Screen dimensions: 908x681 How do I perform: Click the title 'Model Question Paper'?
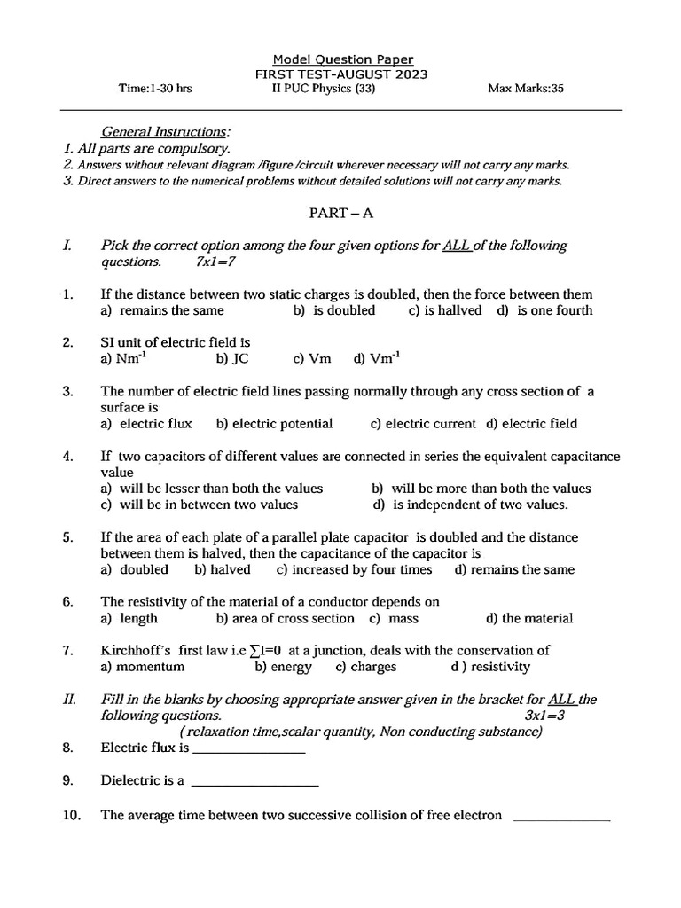pyautogui.click(x=342, y=59)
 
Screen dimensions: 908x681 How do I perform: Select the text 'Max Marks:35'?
pyautogui.click(x=526, y=89)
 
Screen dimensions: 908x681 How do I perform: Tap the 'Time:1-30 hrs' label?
pyautogui.click(x=156, y=89)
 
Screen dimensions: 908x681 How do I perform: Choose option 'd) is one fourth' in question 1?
pyautogui.click(x=544, y=310)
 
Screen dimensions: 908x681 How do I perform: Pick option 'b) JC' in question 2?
pyautogui.click(x=232, y=358)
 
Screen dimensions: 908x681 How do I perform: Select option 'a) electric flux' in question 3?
pyautogui.click(x=145, y=424)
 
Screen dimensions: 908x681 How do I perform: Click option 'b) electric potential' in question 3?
pyautogui.click(x=274, y=424)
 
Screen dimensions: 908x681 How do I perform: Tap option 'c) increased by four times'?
pyautogui.click(x=354, y=569)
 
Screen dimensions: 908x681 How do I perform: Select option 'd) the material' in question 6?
pyautogui.click(x=529, y=618)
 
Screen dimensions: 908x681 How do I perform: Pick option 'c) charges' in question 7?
pyautogui.click(x=365, y=667)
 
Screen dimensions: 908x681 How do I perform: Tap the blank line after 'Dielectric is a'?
pyautogui.click(x=254, y=784)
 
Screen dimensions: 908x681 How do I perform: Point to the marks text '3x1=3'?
pyautogui.click(x=533, y=716)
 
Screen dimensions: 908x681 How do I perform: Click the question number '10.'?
pyautogui.click(x=72, y=816)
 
